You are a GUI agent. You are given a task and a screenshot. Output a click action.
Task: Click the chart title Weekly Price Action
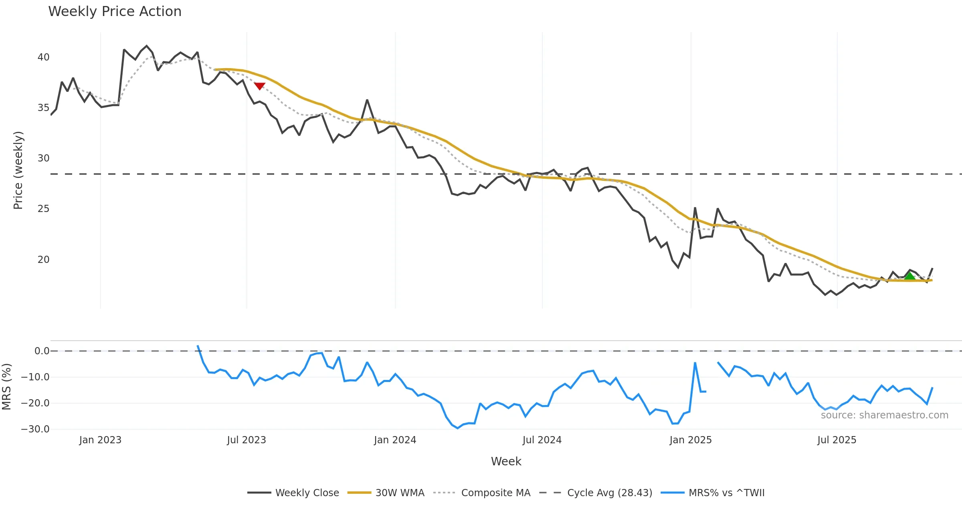(115, 12)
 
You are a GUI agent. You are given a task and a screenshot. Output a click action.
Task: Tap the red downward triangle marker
(259, 86)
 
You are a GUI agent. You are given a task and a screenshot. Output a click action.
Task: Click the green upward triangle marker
(909, 276)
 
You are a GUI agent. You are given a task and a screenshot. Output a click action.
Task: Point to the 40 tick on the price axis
(43, 57)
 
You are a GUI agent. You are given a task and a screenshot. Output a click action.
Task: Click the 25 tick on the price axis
(43, 209)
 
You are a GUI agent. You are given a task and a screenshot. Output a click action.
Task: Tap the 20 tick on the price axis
(43, 260)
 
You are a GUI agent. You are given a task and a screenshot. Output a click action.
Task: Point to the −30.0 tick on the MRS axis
(35, 429)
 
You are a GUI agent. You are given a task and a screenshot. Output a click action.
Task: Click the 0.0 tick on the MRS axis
(42, 351)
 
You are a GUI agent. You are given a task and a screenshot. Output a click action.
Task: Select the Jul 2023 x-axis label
(246, 440)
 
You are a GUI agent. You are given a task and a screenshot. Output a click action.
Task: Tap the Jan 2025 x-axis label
(690, 440)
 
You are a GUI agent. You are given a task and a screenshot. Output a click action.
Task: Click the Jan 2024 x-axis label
(395, 440)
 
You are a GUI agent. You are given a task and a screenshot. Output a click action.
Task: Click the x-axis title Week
(506, 461)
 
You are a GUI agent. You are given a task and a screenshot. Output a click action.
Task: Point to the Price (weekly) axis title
(18, 170)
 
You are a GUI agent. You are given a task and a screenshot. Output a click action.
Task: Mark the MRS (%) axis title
(7, 386)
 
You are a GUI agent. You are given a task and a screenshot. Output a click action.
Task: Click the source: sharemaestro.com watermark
(884, 415)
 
